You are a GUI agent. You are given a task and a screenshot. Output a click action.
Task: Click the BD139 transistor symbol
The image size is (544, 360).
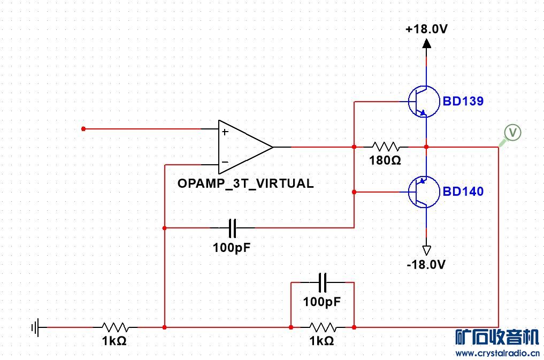(422, 101)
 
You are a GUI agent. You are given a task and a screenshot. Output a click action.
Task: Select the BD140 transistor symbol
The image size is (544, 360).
(422, 192)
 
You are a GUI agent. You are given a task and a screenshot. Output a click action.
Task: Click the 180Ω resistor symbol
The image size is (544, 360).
(385, 147)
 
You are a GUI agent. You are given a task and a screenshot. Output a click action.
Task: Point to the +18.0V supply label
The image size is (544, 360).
(426, 29)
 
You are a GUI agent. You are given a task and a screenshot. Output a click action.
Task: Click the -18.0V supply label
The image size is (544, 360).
(426, 264)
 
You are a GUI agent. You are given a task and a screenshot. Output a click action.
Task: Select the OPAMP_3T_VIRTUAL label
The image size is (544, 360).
(246, 183)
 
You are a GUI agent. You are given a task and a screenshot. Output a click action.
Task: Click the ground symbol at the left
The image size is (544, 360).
(36, 326)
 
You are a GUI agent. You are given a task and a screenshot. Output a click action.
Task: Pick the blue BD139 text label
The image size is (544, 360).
(463, 101)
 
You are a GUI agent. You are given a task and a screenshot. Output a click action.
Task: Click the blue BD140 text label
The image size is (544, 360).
(463, 192)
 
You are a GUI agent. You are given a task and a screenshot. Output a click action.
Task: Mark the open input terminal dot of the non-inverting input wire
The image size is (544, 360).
(83, 129)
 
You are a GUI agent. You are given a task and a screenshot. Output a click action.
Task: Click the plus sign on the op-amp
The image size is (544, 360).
(225, 132)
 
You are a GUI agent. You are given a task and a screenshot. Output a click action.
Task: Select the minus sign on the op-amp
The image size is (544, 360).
(225, 162)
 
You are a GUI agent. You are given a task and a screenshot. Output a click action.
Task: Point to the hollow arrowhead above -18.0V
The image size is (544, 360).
(426, 250)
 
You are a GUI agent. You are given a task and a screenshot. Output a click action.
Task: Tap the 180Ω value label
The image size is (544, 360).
(385, 160)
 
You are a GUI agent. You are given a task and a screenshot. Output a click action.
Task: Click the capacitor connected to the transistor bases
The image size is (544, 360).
(233, 228)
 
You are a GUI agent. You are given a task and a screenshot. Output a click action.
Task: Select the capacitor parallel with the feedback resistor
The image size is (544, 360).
(322, 281)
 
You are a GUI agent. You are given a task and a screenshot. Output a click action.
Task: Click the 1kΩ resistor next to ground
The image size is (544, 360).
(115, 326)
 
